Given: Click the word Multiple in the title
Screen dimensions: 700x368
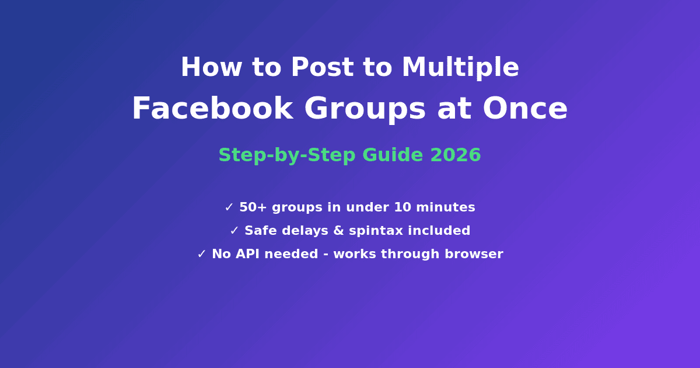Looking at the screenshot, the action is [460, 67].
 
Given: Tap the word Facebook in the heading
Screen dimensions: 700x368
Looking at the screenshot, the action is [213, 108].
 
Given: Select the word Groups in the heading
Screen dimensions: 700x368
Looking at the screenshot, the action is [365, 110].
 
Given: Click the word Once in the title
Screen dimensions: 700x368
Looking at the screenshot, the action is [525, 108].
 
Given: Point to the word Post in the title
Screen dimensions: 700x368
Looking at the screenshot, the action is [323, 67].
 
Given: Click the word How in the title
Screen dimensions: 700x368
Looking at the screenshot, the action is [212, 67].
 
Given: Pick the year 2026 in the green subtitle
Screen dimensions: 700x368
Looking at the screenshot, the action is [456, 155].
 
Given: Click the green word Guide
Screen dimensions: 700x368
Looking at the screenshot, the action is [393, 155].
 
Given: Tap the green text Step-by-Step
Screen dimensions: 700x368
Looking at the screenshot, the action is [287, 155].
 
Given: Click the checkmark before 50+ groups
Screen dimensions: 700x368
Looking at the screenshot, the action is [229, 207].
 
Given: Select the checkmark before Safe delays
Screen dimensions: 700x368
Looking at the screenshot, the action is [234, 231].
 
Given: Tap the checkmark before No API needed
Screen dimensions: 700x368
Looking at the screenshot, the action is [202, 254].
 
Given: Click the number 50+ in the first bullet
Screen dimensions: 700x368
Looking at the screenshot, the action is [253, 207].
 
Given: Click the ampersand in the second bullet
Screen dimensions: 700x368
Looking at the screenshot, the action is [339, 231].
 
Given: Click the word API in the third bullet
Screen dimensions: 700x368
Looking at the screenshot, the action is [247, 254].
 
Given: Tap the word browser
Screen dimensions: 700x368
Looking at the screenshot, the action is [474, 254].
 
